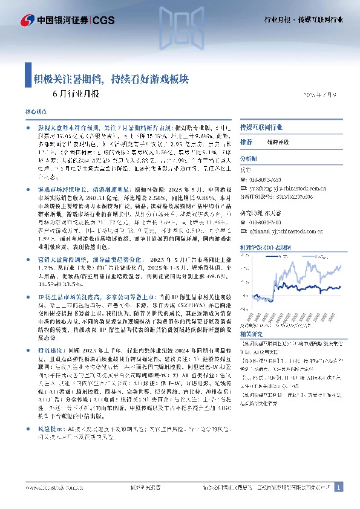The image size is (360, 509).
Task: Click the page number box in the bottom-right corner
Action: (x=339, y=487)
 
